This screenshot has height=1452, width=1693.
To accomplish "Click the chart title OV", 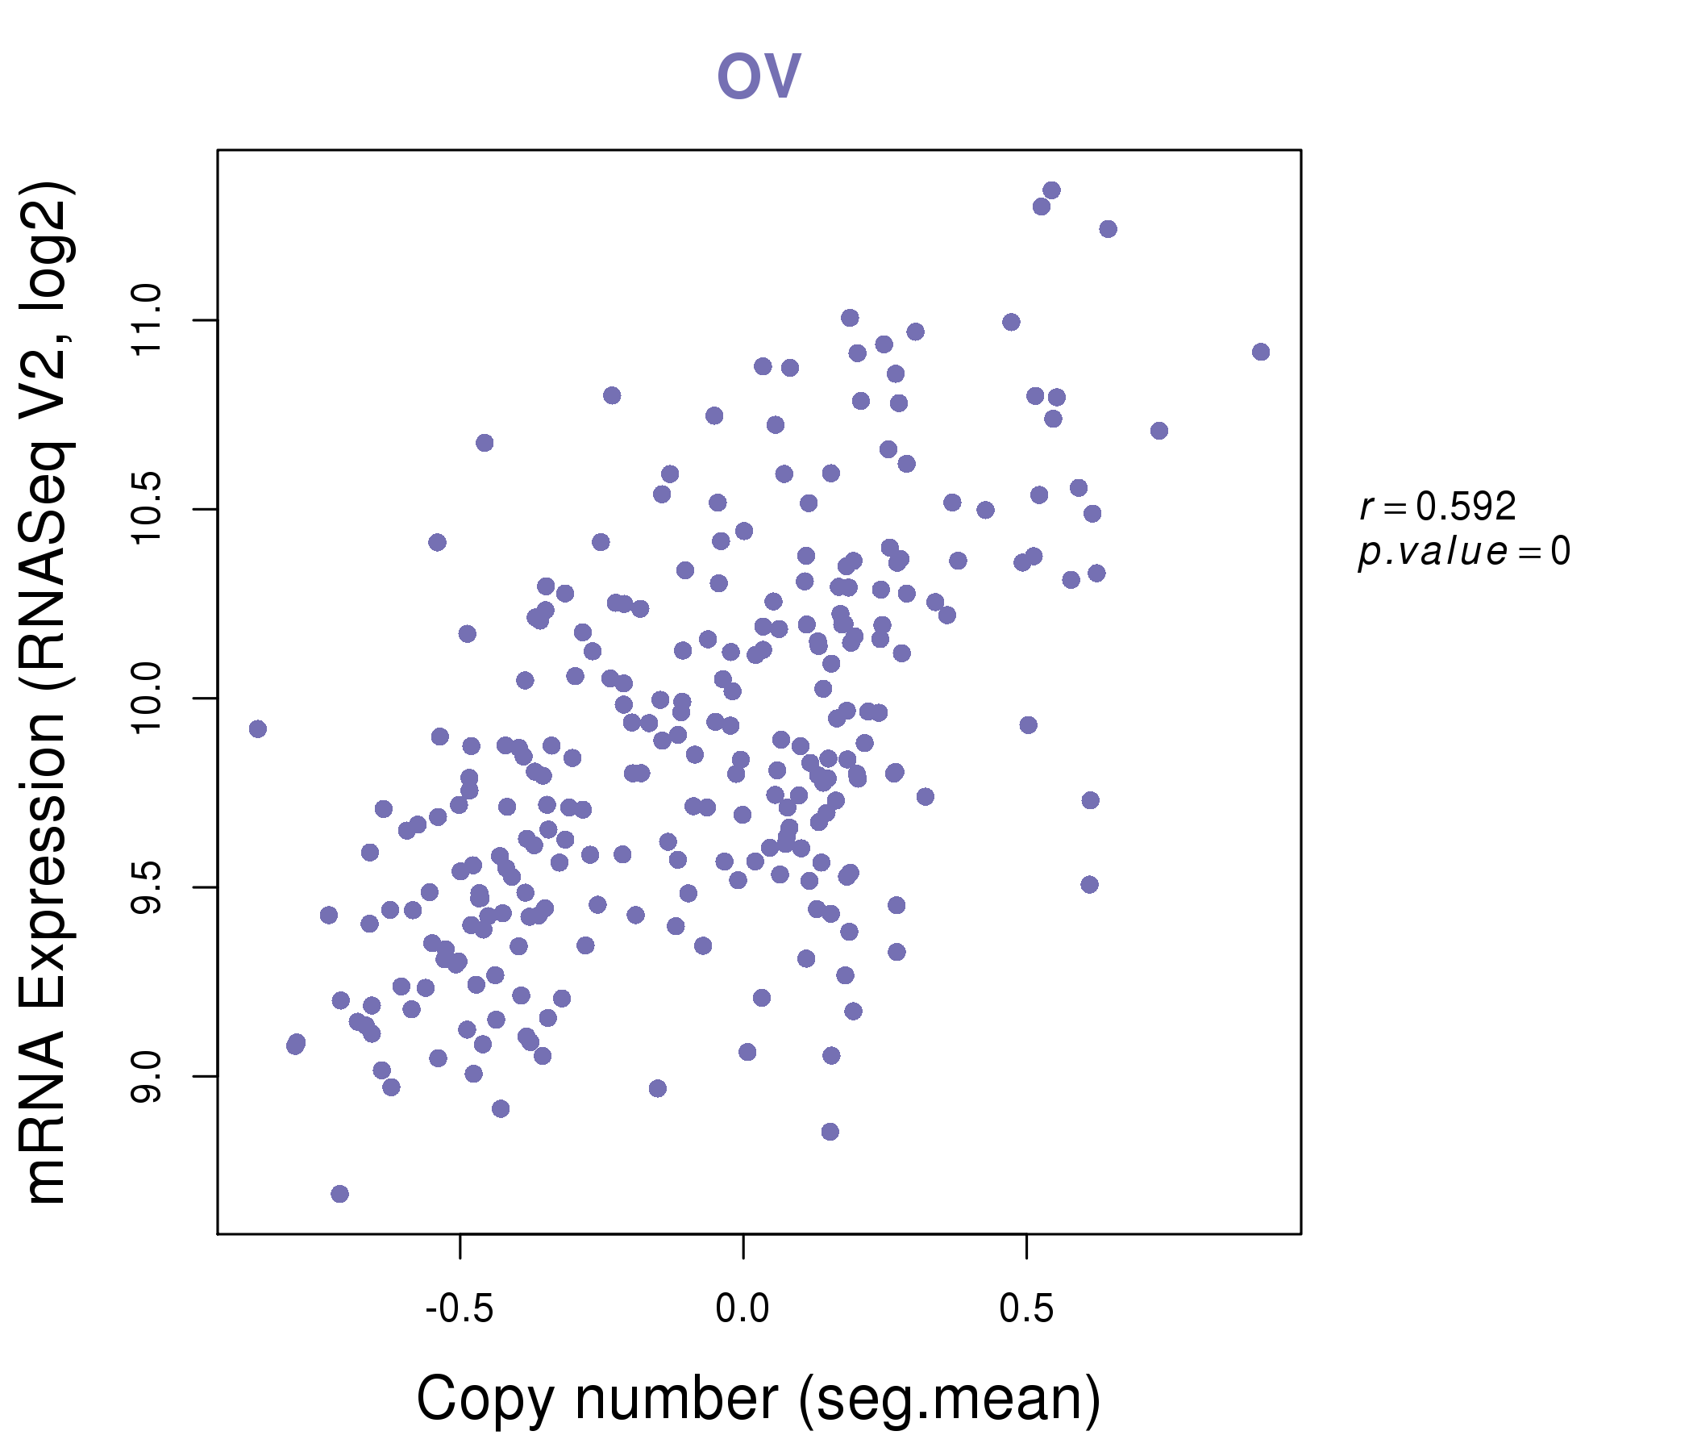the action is [759, 75].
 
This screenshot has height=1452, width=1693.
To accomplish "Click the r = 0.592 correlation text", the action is [1437, 507].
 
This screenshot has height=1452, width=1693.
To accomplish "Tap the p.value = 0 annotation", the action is [1464, 552].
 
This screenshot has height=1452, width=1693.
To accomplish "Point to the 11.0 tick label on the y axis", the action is [147, 320].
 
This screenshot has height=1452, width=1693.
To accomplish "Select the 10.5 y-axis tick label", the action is [147, 509].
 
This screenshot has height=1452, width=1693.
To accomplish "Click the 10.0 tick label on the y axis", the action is [147, 699].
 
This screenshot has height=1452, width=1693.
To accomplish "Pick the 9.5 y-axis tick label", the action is [147, 888].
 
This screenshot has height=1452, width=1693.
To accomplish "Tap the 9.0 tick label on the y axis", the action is [147, 1077].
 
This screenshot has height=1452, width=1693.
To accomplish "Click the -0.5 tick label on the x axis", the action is [460, 1309].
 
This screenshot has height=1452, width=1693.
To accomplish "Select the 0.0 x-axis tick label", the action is [743, 1309].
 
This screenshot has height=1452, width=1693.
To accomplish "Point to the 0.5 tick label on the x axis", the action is [1026, 1309].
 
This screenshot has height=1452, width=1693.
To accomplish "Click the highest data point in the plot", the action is [1051, 190].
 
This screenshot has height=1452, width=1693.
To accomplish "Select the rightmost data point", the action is [1261, 353].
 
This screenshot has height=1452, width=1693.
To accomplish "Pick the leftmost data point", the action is [258, 729].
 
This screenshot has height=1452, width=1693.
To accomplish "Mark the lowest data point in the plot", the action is [340, 1194].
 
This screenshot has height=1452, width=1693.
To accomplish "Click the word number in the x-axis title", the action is [676, 1399].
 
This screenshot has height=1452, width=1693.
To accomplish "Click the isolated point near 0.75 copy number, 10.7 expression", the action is [1159, 431].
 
